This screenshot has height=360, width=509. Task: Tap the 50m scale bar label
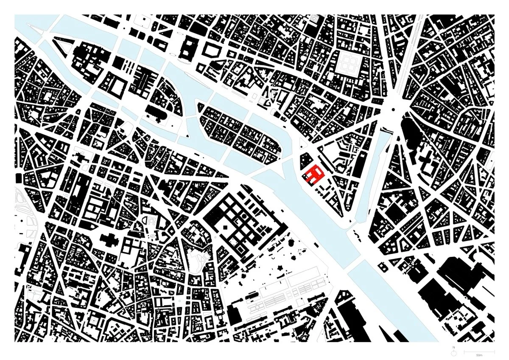[x=479, y=354]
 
